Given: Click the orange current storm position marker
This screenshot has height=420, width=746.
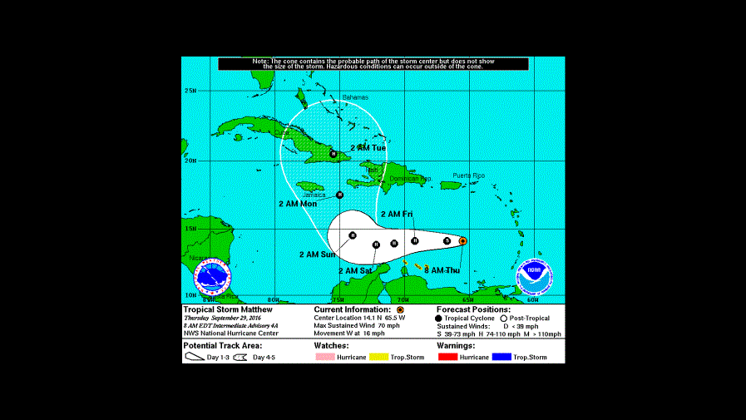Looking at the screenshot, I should [x=462, y=241].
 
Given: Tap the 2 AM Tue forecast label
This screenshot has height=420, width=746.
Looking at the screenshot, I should [x=368, y=147].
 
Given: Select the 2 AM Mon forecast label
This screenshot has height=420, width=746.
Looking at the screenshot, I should [x=297, y=204].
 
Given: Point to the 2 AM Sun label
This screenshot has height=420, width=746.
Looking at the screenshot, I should [x=317, y=254].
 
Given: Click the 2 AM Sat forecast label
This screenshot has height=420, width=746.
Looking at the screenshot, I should [x=354, y=271].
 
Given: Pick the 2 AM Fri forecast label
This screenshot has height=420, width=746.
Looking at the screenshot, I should [x=397, y=215].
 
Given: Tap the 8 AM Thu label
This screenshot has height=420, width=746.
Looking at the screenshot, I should [x=442, y=271].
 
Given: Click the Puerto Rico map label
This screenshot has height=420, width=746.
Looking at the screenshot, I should [x=468, y=175].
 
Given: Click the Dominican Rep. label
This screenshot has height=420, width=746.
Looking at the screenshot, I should [x=410, y=179].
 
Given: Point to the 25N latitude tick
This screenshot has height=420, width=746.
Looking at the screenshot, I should [x=190, y=91].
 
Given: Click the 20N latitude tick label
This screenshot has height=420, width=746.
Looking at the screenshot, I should [x=190, y=161].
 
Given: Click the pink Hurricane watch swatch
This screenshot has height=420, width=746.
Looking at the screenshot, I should [x=329, y=357].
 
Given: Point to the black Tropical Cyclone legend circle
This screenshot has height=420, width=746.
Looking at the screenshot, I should [x=438, y=319].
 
